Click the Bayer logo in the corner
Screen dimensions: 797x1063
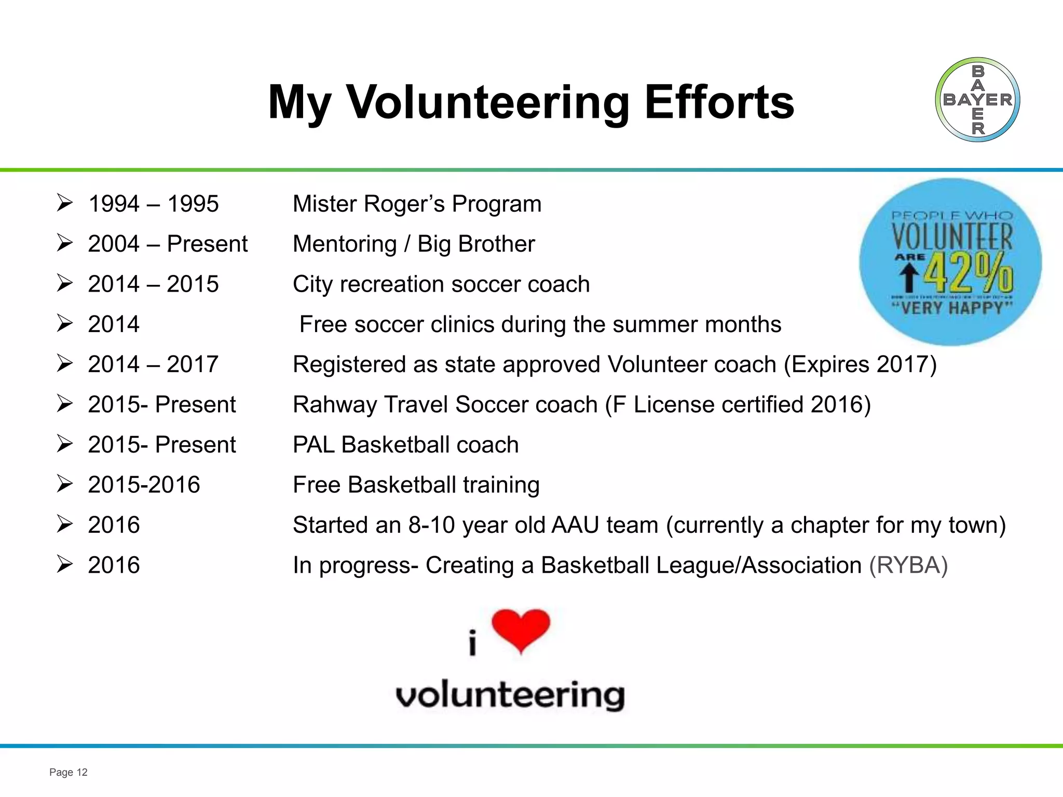(x=977, y=100)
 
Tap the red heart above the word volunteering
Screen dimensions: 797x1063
(x=521, y=629)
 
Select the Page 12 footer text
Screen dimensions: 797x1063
(x=68, y=772)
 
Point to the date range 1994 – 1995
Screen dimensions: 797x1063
(x=153, y=204)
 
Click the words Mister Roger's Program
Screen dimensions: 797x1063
(x=417, y=204)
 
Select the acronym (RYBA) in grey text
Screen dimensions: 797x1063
(x=908, y=565)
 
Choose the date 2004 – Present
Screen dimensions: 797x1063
(x=168, y=244)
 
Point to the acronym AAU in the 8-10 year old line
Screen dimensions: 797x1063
(x=575, y=525)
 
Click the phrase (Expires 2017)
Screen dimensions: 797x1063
(x=860, y=364)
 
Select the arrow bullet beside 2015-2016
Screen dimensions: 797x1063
(x=64, y=484)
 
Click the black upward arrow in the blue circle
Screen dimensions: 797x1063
(x=908, y=277)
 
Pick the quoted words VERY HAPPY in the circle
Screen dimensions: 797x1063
(x=952, y=308)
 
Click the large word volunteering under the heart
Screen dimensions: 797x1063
(x=510, y=695)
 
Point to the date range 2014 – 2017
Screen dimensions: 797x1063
(x=153, y=364)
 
